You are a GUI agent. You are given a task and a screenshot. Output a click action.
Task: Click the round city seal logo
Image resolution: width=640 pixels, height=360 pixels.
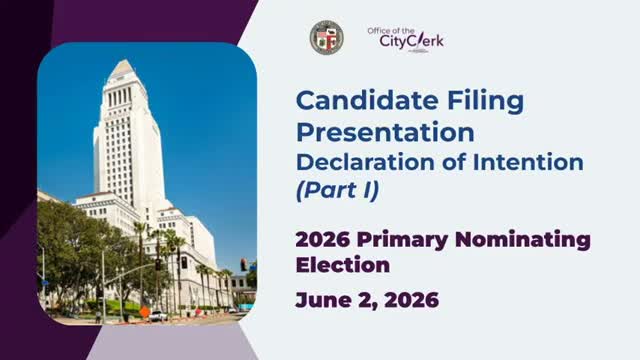pos(326,38)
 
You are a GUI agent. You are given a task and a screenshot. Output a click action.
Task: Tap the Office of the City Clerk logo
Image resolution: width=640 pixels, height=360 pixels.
pos(405,38)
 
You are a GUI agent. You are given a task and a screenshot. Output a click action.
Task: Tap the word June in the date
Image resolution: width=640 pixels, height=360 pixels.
pos(323,299)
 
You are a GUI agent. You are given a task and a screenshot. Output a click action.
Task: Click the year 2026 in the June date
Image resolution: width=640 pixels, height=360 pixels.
pos(412,299)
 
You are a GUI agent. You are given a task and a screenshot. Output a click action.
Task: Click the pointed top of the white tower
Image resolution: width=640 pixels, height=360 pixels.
pos(124,66)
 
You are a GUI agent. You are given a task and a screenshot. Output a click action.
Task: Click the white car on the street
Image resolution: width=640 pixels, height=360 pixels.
pos(158,315)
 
